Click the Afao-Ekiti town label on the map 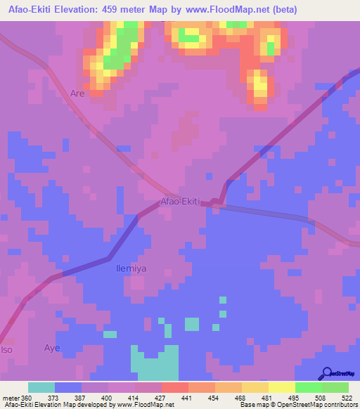point(181,202)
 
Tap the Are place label point(77,93)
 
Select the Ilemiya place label point(131,268)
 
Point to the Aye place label point(52,348)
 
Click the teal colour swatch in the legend point(41,387)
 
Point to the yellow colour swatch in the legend point(281,387)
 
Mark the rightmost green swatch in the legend point(335,387)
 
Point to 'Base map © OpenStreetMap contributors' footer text point(297,405)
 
